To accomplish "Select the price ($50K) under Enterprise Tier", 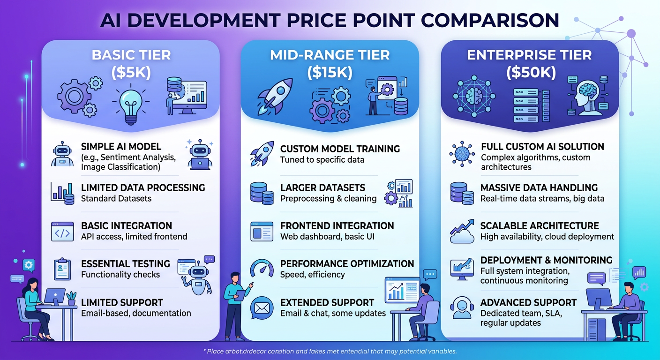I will [x=530, y=73].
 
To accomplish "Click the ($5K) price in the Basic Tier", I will [x=131, y=73].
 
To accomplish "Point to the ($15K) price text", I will [x=330, y=73].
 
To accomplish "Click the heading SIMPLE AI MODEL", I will [x=121, y=146].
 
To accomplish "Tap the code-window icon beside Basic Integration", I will [x=62, y=231].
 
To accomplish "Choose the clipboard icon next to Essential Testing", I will [x=62, y=269].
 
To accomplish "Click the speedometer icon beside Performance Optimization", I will [x=262, y=269].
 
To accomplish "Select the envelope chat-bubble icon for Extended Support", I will [x=261, y=308].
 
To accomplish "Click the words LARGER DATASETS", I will [x=322, y=187].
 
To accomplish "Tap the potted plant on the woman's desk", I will [x=71, y=298].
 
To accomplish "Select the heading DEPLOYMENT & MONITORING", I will [x=546, y=260].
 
